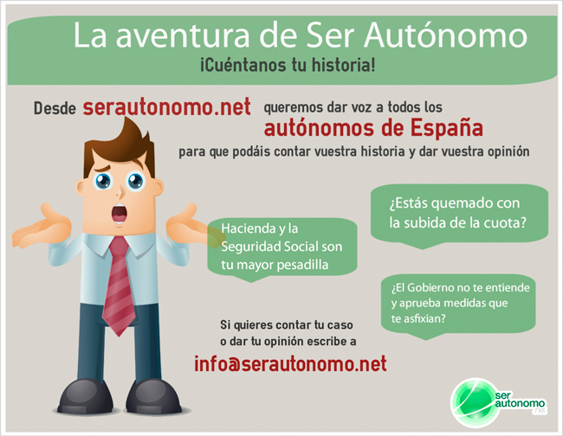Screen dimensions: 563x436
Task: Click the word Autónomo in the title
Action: [445, 35]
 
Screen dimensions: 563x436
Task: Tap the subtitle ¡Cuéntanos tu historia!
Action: [288, 65]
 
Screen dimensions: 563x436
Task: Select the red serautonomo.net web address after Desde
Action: [166, 106]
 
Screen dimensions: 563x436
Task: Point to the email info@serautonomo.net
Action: [290, 363]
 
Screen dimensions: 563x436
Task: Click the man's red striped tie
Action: [119, 285]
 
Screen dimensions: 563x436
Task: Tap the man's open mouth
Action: [120, 214]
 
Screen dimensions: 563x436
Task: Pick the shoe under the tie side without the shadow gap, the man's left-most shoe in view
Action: [86, 396]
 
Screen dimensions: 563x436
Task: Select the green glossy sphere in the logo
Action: [473, 403]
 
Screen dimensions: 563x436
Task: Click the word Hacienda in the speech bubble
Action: [244, 228]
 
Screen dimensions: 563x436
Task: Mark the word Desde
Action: [55, 108]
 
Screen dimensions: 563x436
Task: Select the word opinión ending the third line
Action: [508, 151]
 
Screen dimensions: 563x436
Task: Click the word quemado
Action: [463, 203]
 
